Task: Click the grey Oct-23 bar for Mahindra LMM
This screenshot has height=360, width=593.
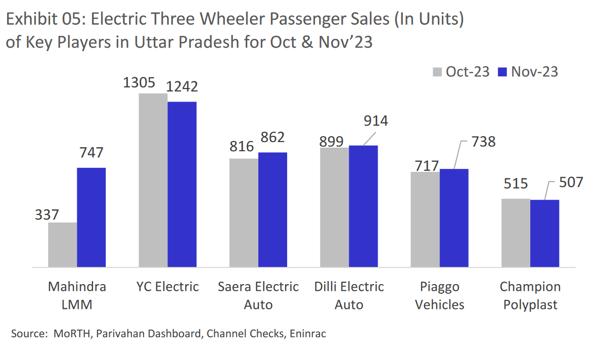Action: pos(62,245)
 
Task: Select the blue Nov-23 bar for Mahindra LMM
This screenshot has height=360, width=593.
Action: pos(91,217)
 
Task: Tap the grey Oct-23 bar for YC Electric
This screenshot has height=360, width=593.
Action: pos(153,180)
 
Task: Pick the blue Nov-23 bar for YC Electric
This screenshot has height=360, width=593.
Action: pos(182,184)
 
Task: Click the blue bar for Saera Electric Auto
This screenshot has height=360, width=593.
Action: pos(272,209)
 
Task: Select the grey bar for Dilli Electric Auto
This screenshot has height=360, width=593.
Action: pos(334,207)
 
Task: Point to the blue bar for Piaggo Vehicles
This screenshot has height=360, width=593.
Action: pos(454,218)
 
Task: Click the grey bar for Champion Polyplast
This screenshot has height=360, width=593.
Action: pos(516,233)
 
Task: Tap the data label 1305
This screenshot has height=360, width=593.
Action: pos(139,82)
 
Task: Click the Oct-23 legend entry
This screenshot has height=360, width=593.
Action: pos(461,72)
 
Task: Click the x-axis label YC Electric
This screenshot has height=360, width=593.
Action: pos(167,287)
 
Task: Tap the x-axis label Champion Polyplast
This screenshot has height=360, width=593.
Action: pos(530,296)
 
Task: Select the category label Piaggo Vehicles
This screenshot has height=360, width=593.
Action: pos(439,296)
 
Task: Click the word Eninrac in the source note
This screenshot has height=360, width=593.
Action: pos(307,334)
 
